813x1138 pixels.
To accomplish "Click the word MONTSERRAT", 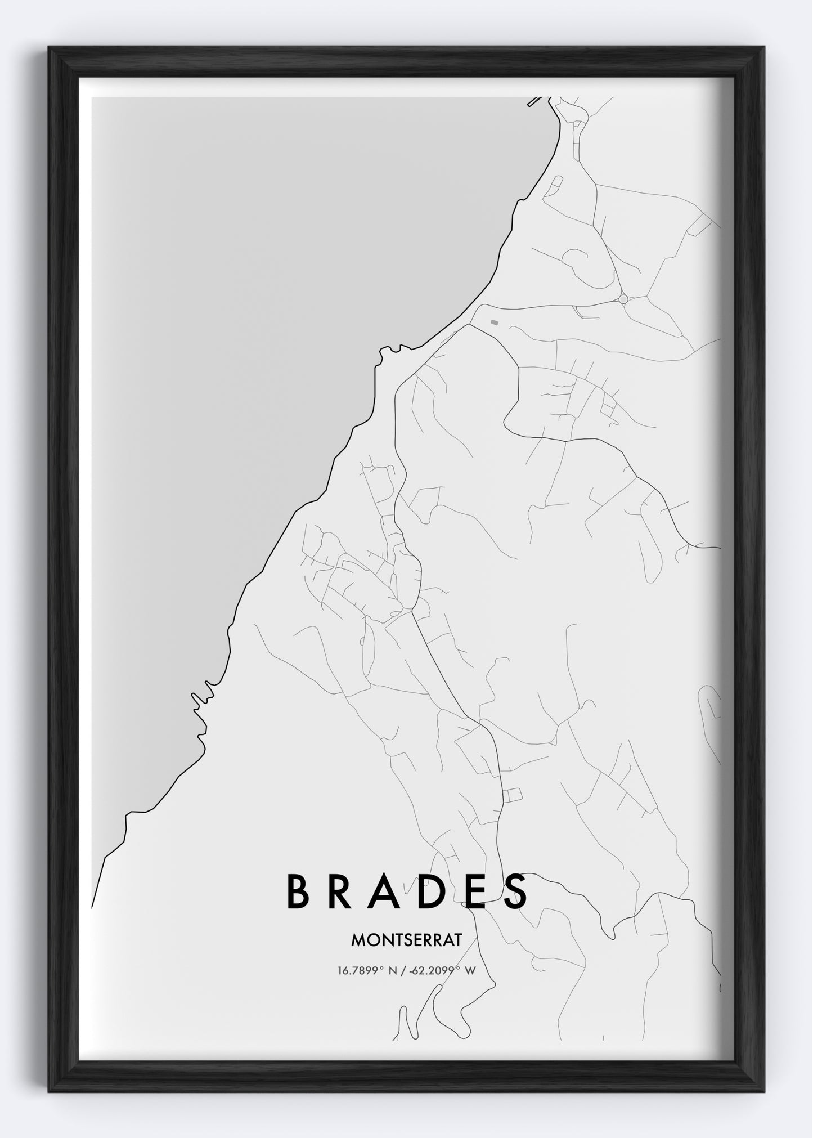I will (406, 939).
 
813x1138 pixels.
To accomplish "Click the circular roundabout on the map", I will (623, 299).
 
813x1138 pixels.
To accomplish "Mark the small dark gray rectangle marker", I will (494, 322).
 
